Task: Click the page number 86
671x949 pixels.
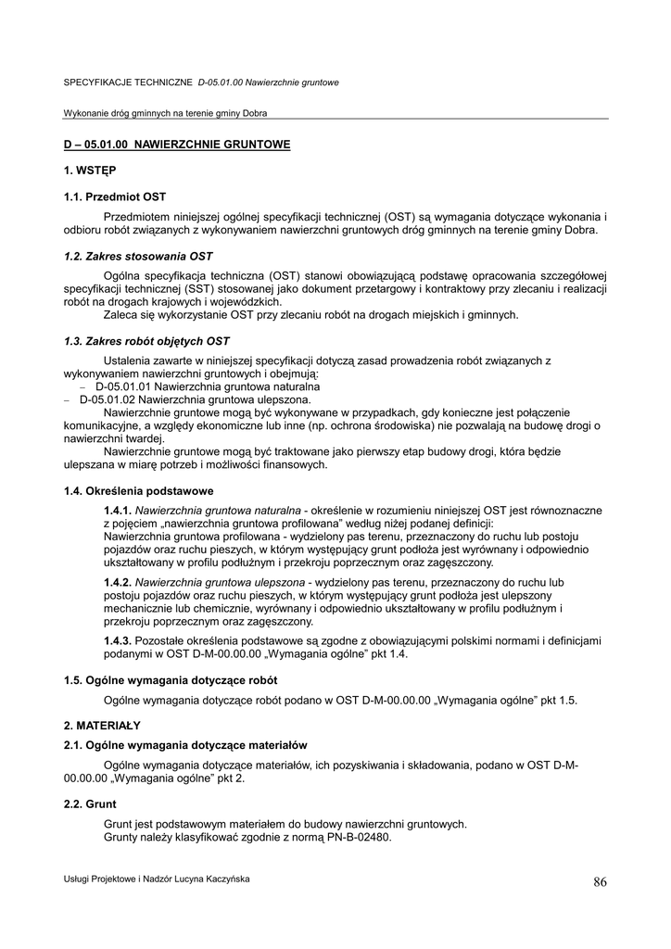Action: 600,882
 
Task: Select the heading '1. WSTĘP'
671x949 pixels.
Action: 90,171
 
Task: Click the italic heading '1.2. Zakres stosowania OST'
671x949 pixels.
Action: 138,256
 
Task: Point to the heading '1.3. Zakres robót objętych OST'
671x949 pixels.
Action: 146,341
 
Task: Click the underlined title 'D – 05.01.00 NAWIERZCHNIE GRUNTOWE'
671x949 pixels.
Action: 177,145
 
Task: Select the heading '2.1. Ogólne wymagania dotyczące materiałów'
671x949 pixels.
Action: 185,744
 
